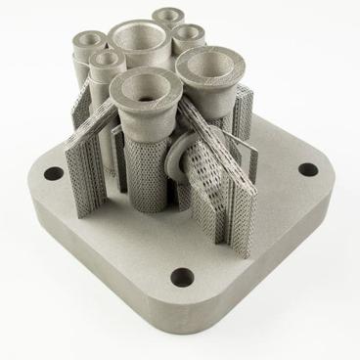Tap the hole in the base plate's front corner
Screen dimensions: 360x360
tap(180, 278)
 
